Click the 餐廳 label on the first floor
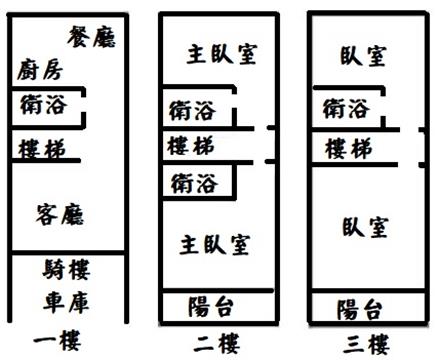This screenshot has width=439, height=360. [x=92, y=37]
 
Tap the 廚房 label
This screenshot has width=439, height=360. [x=40, y=70]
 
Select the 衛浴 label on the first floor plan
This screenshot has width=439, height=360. [x=43, y=105]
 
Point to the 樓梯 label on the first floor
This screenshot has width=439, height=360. [x=42, y=149]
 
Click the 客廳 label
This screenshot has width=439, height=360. [x=60, y=215]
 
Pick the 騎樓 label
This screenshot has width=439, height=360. [x=66, y=270]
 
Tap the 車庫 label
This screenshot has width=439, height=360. [x=66, y=303]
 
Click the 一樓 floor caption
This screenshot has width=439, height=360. [x=57, y=341]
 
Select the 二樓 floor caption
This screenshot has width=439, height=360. [x=217, y=344]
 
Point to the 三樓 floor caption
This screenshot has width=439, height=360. [x=366, y=344]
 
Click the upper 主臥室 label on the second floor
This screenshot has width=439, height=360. [x=222, y=54]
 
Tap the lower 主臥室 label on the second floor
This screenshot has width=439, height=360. [x=215, y=245]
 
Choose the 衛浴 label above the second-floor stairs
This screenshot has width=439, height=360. [x=192, y=111]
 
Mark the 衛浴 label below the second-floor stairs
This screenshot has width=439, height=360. [x=194, y=183]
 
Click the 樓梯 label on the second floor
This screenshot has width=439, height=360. [x=191, y=146]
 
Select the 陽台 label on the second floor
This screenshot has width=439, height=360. [x=210, y=307]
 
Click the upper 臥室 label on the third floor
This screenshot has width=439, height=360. [x=363, y=56]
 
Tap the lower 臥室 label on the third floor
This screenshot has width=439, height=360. [x=366, y=227]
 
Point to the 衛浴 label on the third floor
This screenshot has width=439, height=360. [x=346, y=109]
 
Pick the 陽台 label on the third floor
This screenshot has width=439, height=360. [x=359, y=310]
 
